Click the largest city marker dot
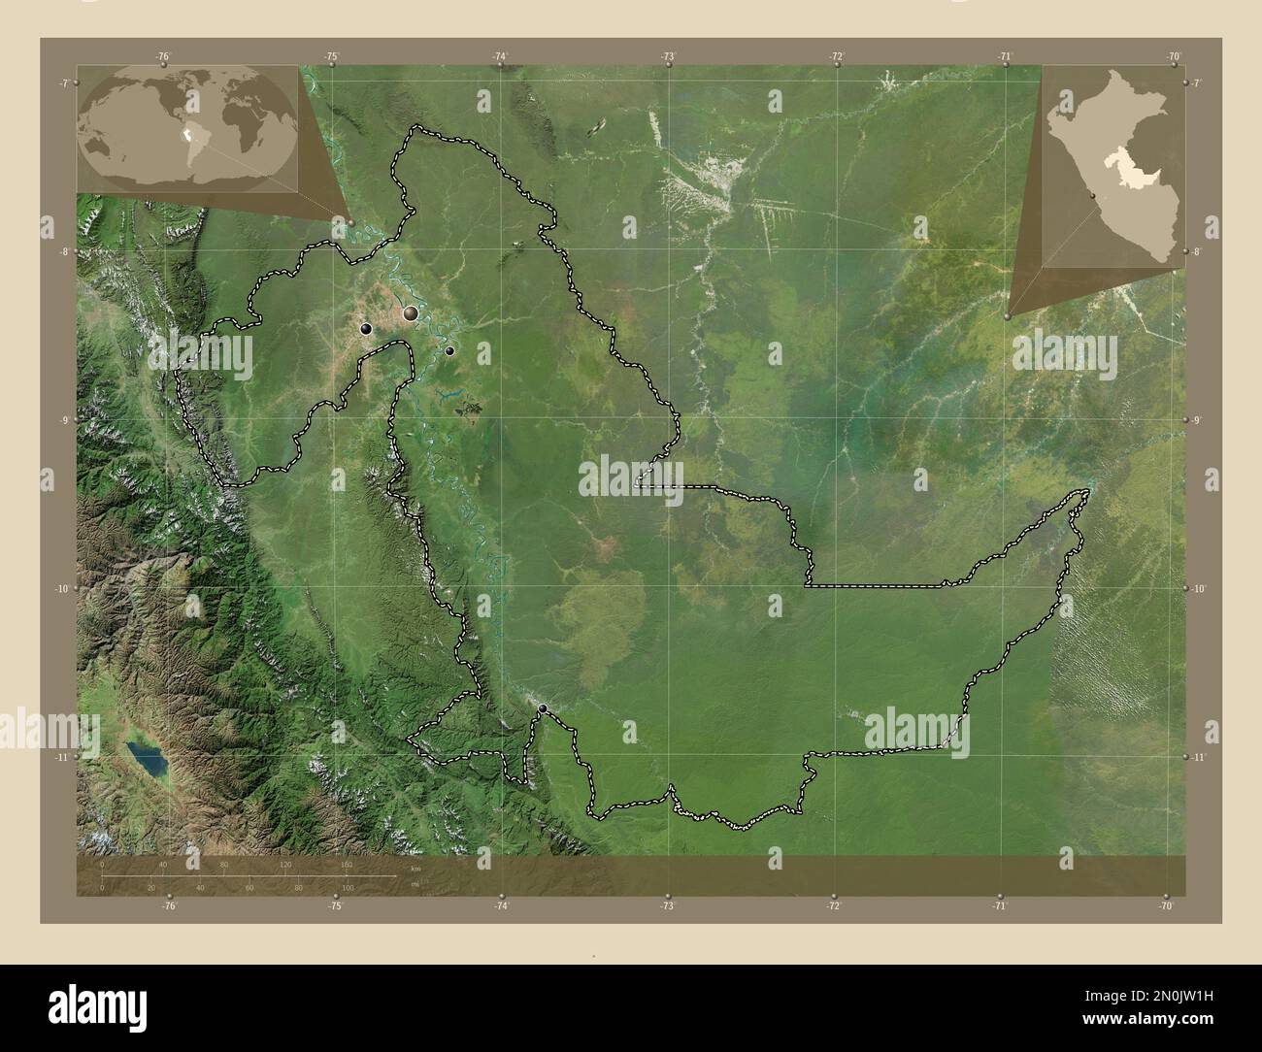(412, 312)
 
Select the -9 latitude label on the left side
(63, 420)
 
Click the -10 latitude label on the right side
(1198, 588)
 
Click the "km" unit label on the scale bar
(415, 868)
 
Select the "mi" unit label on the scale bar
(415, 884)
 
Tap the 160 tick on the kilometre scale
(347, 864)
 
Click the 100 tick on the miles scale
(347, 888)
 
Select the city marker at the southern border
(543, 708)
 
